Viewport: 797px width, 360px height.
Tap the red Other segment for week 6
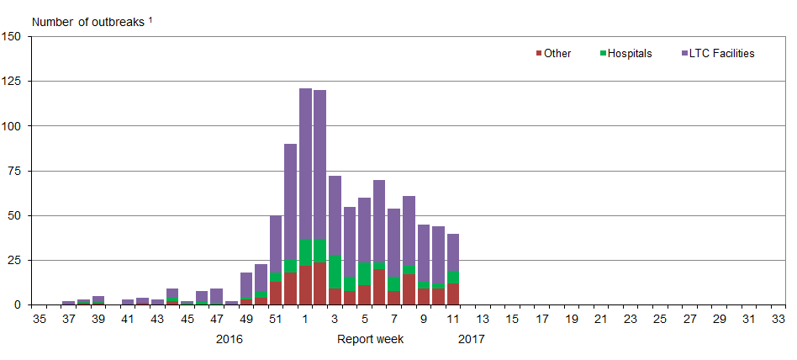tap(379, 287)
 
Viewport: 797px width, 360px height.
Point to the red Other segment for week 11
tap(453, 294)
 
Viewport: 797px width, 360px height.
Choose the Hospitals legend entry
tap(626, 54)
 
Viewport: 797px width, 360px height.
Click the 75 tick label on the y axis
tap(15, 171)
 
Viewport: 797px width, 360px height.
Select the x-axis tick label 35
tap(39, 320)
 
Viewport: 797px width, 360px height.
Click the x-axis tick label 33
tap(779, 320)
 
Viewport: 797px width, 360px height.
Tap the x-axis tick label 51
tap(276, 320)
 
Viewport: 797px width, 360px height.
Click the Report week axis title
tap(371, 340)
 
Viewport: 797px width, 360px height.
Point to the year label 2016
tap(229, 340)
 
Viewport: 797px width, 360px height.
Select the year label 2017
tap(472, 340)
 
